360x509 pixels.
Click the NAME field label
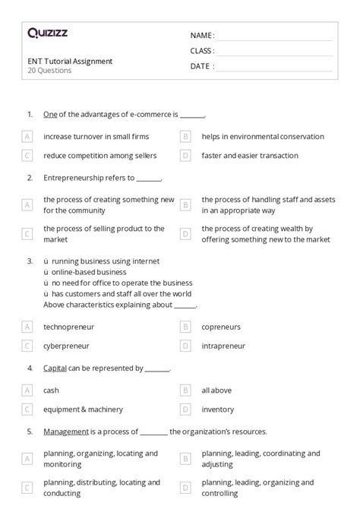[202, 36]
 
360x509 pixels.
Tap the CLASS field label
[202, 51]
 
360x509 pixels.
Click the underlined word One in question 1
[50, 115]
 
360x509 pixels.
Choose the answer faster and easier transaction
[250, 156]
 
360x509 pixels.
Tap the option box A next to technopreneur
[27, 327]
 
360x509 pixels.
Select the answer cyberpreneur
[66, 346]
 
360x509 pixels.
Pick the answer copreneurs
[221, 327]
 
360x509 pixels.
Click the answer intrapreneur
[223, 346]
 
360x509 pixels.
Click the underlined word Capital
[55, 368]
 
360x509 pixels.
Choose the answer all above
[216, 390]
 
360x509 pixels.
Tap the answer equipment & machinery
[83, 409]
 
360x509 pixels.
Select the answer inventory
[218, 409]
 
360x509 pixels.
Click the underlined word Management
[66, 432]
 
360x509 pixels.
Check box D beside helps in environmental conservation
[185, 137]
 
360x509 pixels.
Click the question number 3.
[30, 261]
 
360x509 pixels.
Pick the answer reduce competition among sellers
[99, 156]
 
